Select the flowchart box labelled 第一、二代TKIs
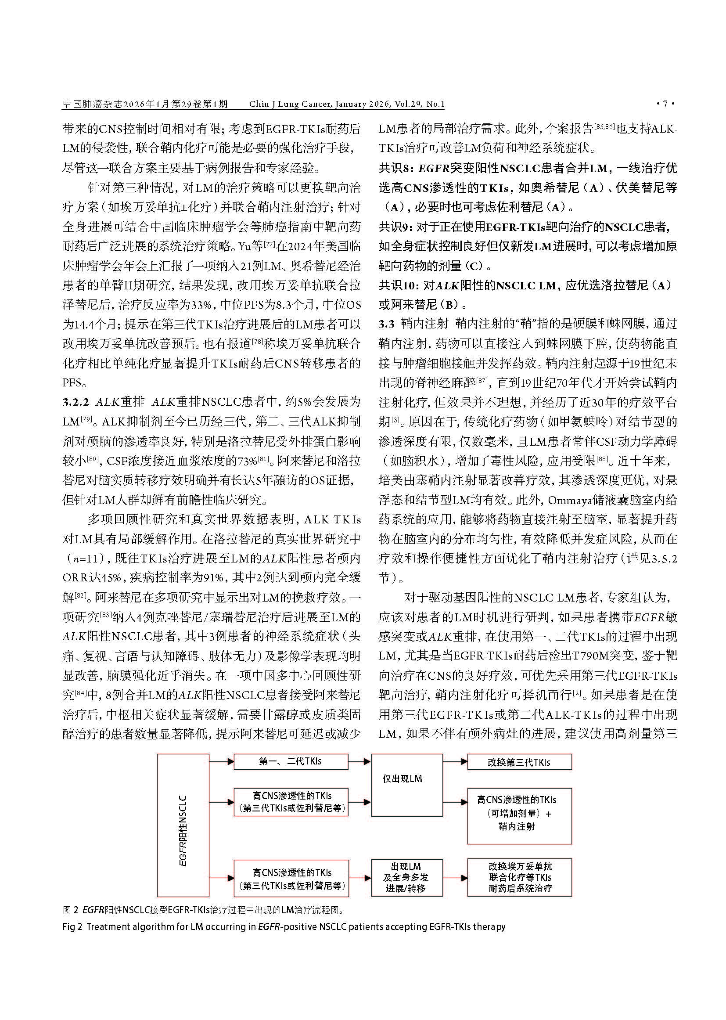point(291,761)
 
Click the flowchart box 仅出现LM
point(407,779)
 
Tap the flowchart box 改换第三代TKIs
point(519,762)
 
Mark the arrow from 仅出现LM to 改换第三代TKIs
point(455,761)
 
